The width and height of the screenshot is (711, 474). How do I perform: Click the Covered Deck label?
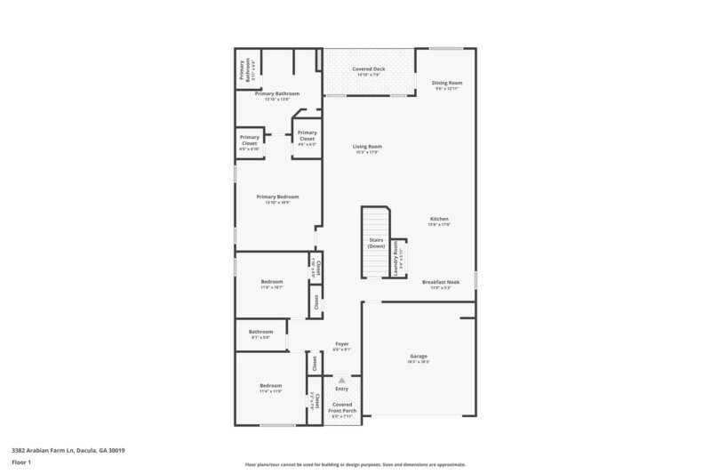(367, 71)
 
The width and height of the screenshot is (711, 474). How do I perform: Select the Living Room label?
(366, 149)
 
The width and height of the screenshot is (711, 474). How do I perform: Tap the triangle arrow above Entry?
(341, 379)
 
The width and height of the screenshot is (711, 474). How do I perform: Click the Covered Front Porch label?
(342, 407)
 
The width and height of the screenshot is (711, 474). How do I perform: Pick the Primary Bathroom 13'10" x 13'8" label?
(276, 95)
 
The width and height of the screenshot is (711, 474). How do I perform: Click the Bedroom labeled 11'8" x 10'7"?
(271, 284)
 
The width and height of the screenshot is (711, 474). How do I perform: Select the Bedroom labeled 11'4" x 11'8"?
(270, 388)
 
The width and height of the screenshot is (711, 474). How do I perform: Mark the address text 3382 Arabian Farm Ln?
(68, 451)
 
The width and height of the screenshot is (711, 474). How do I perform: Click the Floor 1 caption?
(21, 463)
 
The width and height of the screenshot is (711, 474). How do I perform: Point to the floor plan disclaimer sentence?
(355, 464)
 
